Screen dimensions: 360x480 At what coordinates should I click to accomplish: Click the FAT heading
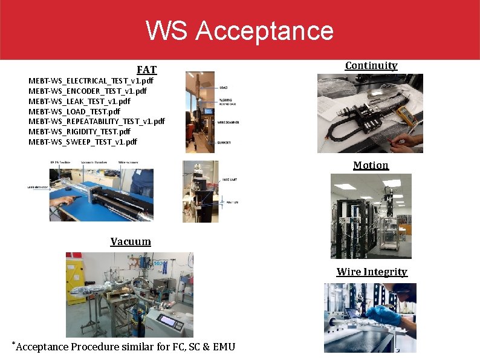click(146, 70)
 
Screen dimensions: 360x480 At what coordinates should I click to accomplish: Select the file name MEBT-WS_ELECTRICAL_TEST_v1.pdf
click(91, 80)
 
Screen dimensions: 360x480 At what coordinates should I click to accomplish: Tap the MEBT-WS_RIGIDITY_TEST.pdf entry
click(79, 131)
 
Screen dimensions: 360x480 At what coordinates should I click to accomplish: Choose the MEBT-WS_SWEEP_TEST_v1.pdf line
click(83, 142)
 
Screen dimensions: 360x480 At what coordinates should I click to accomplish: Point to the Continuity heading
click(371, 65)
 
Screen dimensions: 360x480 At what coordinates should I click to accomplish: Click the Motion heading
click(371, 165)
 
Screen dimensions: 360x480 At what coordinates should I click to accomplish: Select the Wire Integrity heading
click(372, 272)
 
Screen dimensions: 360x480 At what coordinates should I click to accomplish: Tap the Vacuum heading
click(131, 241)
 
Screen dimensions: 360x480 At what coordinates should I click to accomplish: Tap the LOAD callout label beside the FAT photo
click(223, 88)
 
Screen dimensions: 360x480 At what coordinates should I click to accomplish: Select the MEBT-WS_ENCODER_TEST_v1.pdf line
click(88, 91)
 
